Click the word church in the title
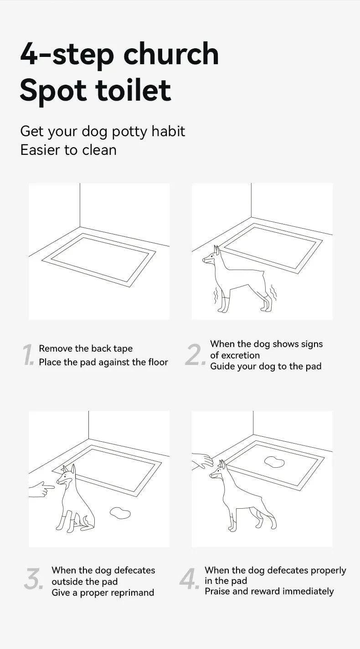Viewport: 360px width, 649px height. [x=171, y=54]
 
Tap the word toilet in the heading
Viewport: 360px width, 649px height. [x=133, y=90]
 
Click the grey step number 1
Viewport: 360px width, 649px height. [x=28, y=355]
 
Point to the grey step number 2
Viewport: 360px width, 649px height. [x=195, y=355]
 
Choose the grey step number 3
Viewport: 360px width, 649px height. [x=34, y=579]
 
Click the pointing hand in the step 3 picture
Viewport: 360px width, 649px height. [x=40, y=489]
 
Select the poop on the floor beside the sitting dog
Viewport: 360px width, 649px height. [x=120, y=513]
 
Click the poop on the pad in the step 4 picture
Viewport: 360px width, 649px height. [x=274, y=462]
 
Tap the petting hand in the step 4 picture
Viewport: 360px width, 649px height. [x=202, y=460]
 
